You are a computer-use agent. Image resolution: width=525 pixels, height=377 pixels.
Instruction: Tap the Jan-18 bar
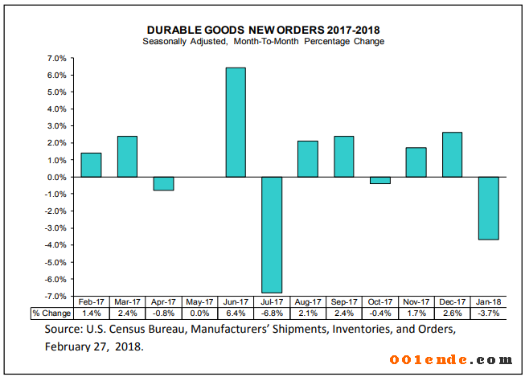(x=488, y=208)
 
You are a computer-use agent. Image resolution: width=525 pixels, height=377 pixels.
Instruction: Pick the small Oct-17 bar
(x=380, y=180)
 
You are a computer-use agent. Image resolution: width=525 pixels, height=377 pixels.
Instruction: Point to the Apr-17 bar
(x=163, y=183)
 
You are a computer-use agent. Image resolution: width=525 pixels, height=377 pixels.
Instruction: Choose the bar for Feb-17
(x=92, y=165)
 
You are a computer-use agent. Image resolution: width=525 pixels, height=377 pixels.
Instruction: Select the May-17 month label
(x=199, y=301)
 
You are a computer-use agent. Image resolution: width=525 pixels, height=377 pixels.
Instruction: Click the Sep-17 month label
(x=344, y=301)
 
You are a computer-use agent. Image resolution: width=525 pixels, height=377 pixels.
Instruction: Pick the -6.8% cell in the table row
(x=272, y=313)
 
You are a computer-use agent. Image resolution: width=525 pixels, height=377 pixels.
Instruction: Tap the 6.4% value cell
(x=236, y=313)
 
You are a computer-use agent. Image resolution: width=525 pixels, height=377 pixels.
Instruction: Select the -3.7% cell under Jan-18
(x=488, y=313)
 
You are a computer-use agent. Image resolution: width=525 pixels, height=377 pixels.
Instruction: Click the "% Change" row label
(x=51, y=313)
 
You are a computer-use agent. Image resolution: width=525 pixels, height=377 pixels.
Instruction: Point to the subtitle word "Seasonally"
(x=164, y=41)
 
